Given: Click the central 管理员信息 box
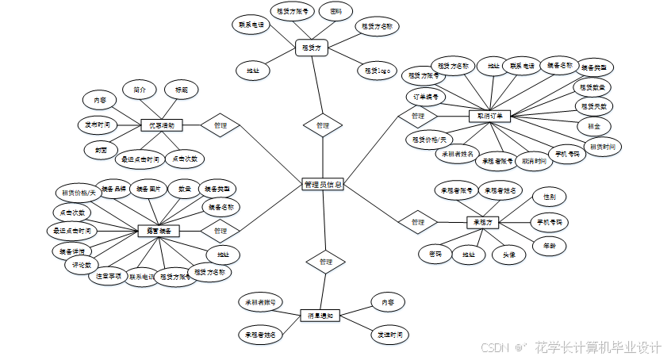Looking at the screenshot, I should click(323, 184).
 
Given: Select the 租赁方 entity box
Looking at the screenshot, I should click(312, 48).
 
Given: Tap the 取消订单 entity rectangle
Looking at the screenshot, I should click(490, 116).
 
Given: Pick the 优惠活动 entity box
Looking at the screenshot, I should click(163, 125).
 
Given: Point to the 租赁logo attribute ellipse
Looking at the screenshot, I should click(378, 71).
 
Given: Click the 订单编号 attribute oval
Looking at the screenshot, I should click(427, 97).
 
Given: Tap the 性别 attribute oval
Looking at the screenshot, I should click(549, 196).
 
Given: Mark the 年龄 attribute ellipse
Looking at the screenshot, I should click(549, 245).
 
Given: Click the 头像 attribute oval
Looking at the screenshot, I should click(508, 255).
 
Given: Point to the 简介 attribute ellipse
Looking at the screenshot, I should click(140, 90).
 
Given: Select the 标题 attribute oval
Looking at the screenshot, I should click(181, 90).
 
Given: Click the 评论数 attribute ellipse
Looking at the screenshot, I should click(83, 265).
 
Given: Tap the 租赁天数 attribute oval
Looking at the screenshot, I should click(593, 105).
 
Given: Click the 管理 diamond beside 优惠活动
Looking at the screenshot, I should click(220, 125).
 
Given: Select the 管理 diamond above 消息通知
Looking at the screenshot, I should click(326, 262).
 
